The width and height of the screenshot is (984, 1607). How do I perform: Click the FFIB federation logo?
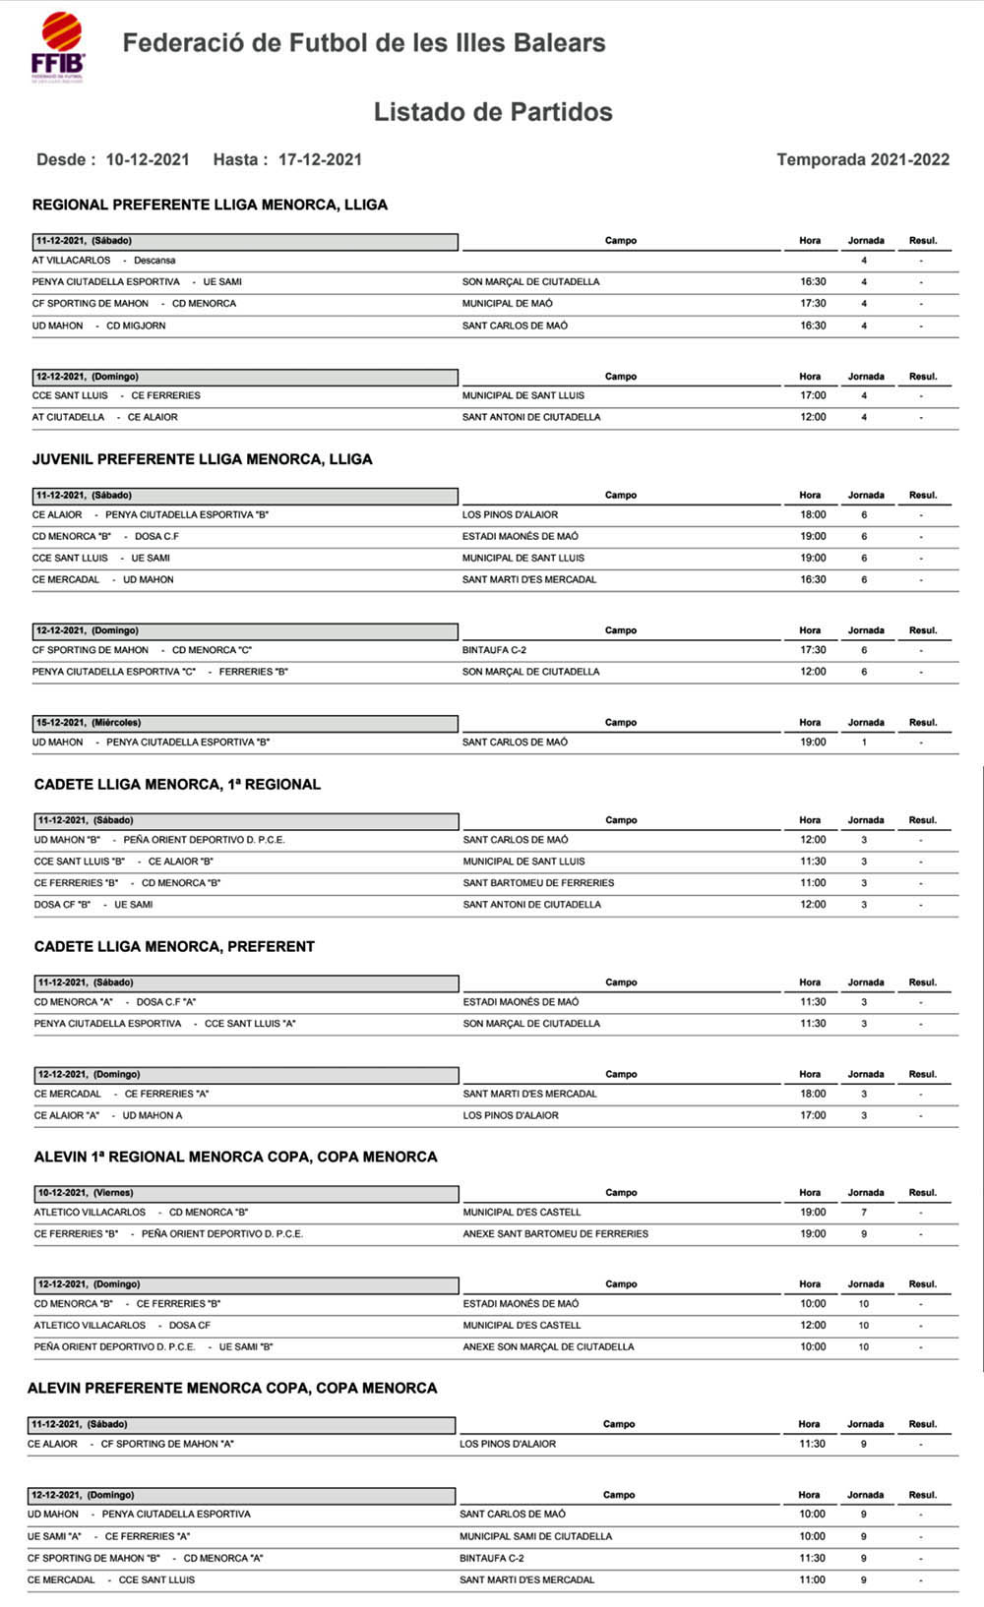pyautogui.click(x=58, y=47)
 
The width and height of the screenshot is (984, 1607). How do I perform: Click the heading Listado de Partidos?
pyautogui.click(x=493, y=112)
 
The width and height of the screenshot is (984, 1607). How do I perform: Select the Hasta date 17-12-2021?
pyautogui.click(x=320, y=159)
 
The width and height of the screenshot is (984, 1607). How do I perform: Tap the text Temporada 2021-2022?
pyautogui.click(x=863, y=159)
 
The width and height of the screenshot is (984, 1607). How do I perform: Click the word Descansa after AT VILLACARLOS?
pyautogui.click(x=154, y=261)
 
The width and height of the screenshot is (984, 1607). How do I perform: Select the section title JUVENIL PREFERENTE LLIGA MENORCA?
pyautogui.click(x=202, y=459)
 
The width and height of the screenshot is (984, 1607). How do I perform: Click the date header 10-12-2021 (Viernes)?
pyautogui.click(x=86, y=1193)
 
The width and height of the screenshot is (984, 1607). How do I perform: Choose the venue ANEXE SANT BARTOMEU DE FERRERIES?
pyautogui.click(x=555, y=1234)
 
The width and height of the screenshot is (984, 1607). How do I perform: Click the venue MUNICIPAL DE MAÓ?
pyautogui.click(x=508, y=304)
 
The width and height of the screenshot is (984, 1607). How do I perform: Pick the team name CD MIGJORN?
pyautogui.click(x=136, y=326)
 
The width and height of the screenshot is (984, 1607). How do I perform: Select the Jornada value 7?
pyautogui.click(x=864, y=1213)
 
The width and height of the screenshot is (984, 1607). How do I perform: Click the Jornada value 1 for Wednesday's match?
pyautogui.click(x=864, y=743)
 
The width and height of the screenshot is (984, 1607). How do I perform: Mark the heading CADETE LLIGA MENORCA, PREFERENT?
pyautogui.click(x=174, y=947)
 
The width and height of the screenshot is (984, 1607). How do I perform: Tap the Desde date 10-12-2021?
pyautogui.click(x=148, y=159)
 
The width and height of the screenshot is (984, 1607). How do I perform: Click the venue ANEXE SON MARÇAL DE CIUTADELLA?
pyautogui.click(x=548, y=1347)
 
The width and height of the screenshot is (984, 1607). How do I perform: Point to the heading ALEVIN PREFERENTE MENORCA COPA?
pyautogui.click(x=232, y=1389)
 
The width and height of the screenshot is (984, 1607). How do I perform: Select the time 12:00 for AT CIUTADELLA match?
pyautogui.click(x=813, y=417)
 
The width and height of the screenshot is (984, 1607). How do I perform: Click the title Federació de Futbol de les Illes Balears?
pyautogui.click(x=364, y=43)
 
